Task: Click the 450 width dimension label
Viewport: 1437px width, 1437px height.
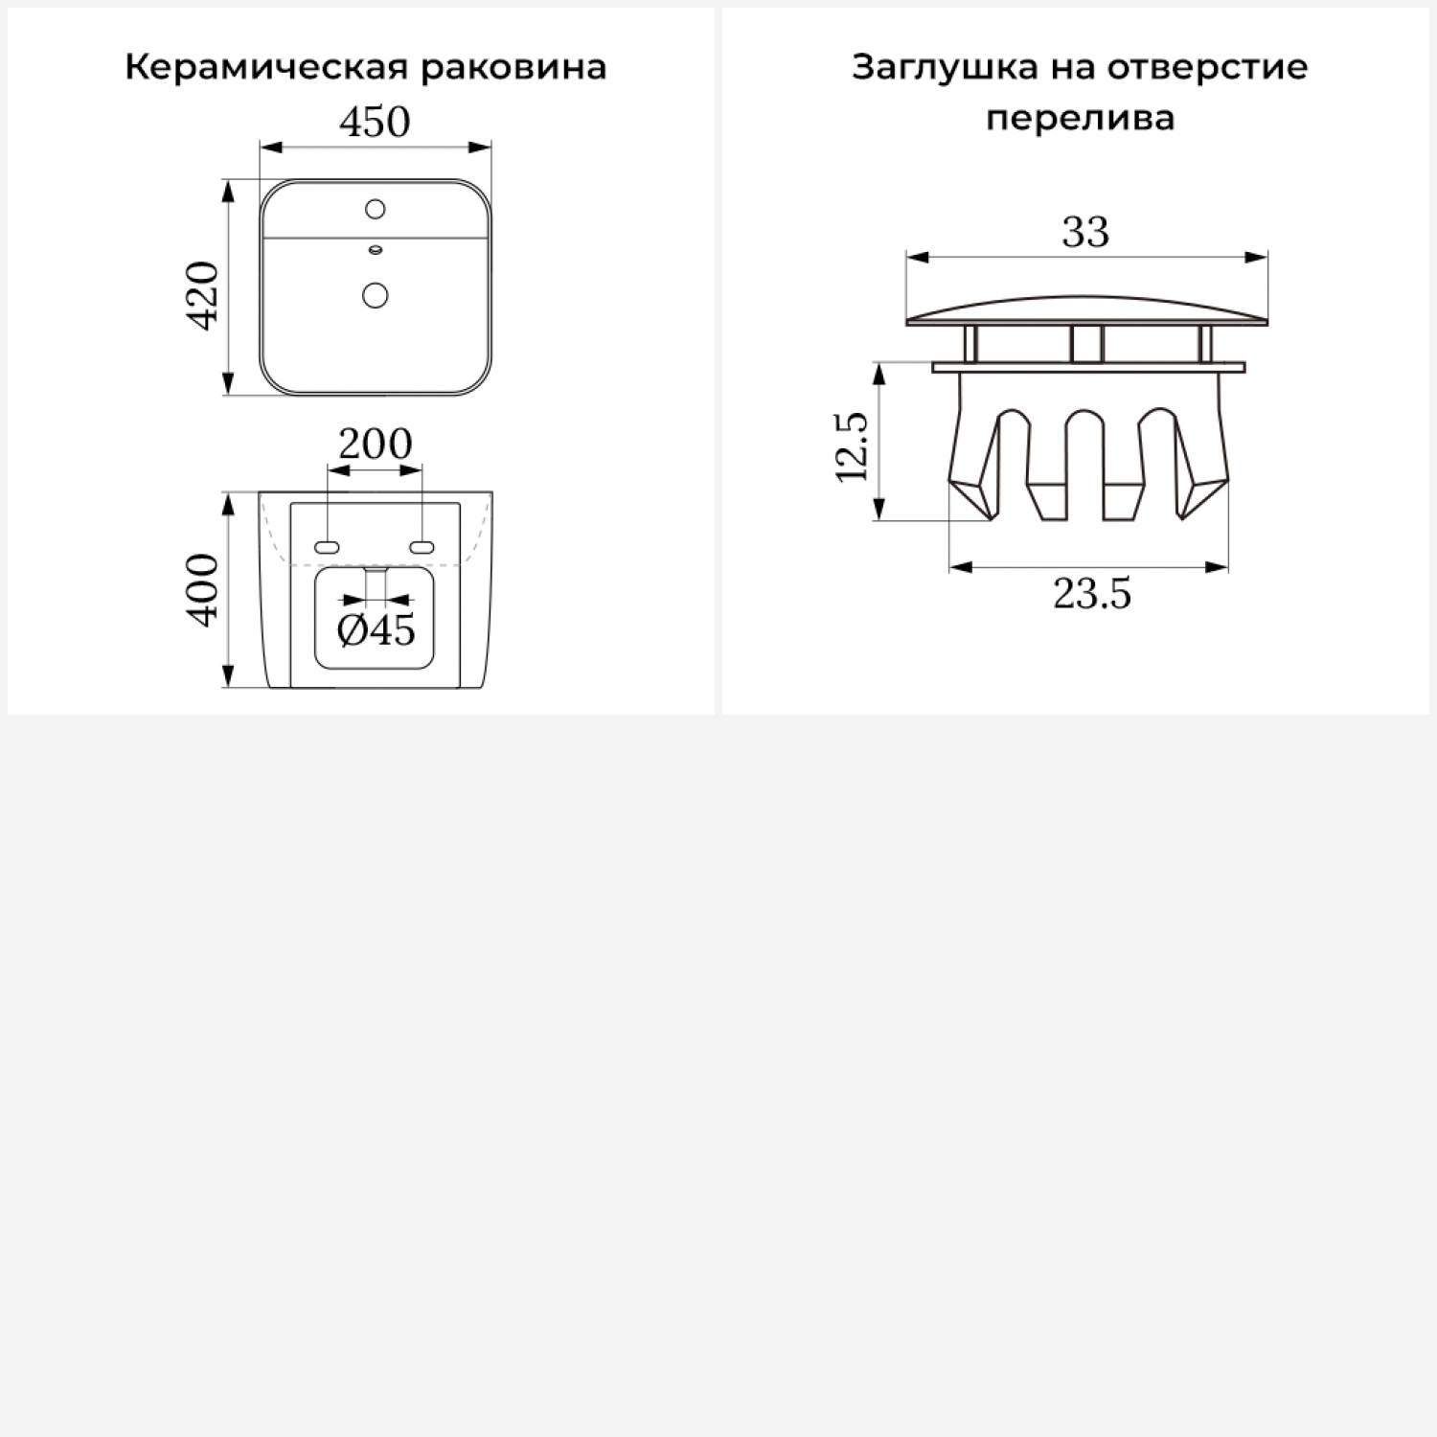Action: pos(375,122)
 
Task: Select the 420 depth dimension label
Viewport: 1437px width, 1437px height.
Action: pos(204,295)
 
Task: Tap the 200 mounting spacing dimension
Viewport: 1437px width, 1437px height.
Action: pos(376,444)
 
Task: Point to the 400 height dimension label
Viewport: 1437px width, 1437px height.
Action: pos(204,590)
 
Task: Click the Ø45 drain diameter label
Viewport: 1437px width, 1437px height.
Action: pos(376,630)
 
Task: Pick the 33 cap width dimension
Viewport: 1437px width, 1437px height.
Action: pos(1085,232)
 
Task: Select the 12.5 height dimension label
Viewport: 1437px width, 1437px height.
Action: pos(852,446)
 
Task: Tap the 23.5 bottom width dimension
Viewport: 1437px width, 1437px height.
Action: pos(1092,594)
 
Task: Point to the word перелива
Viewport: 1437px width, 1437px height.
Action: pos(1080,118)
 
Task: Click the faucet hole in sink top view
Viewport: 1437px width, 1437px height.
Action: pos(376,208)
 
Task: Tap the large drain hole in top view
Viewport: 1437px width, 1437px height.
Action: pos(376,294)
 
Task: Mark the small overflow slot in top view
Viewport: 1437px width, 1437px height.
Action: pos(376,251)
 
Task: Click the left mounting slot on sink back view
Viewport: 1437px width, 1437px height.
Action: pos(327,547)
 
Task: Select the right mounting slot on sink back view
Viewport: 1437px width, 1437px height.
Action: pos(422,547)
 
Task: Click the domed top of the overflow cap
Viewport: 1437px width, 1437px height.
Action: pos(1086,308)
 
